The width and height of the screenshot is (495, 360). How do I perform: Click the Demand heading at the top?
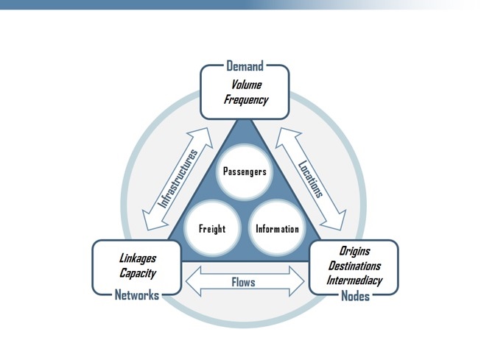coord(245,66)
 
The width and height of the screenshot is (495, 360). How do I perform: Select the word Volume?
coord(247,85)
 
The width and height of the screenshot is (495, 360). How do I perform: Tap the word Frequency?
coord(246,100)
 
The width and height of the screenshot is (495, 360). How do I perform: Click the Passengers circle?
coord(245,172)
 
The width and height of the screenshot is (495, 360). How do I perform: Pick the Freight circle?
coord(212,228)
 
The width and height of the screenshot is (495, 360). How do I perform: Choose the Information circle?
coord(277,228)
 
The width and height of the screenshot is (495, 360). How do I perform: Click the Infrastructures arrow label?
coord(178,179)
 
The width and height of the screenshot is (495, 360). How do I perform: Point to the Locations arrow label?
coord(311,179)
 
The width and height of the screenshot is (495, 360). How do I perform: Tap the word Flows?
coord(243,282)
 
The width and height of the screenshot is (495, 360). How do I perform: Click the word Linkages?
coord(138,258)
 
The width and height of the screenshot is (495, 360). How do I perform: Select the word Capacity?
coord(138,273)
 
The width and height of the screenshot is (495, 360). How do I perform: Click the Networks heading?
coord(137,295)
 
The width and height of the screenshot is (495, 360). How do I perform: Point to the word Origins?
coord(354,251)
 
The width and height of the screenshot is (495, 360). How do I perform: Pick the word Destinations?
coord(354,266)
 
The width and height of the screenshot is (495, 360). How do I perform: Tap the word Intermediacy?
coord(354,280)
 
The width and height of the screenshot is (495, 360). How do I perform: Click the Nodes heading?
coord(355,296)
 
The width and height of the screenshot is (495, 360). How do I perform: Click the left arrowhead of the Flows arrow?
coord(193,281)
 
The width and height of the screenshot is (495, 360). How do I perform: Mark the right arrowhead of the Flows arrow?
coord(297,281)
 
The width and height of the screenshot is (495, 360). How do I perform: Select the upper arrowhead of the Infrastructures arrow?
coord(202,136)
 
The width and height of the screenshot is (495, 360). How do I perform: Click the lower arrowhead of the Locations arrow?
coord(335,222)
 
